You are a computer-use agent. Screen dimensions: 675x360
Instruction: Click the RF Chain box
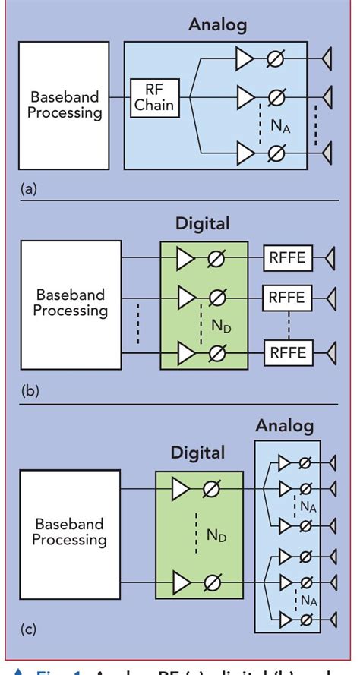pos(154,97)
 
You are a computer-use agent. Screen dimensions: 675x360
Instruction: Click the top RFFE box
pos(286,259)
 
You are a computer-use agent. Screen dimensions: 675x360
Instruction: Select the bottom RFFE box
pos(286,352)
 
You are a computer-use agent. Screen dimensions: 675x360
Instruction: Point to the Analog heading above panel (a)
pos(218,24)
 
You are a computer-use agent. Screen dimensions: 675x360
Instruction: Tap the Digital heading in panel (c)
pos(197,453)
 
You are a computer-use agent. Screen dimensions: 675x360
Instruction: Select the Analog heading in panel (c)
pos(284,425)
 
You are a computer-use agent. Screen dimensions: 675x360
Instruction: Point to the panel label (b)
pos(27,392)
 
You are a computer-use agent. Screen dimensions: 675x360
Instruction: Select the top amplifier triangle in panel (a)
pos(245,59)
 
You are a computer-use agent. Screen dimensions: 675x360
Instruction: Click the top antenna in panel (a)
pos(327,59)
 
